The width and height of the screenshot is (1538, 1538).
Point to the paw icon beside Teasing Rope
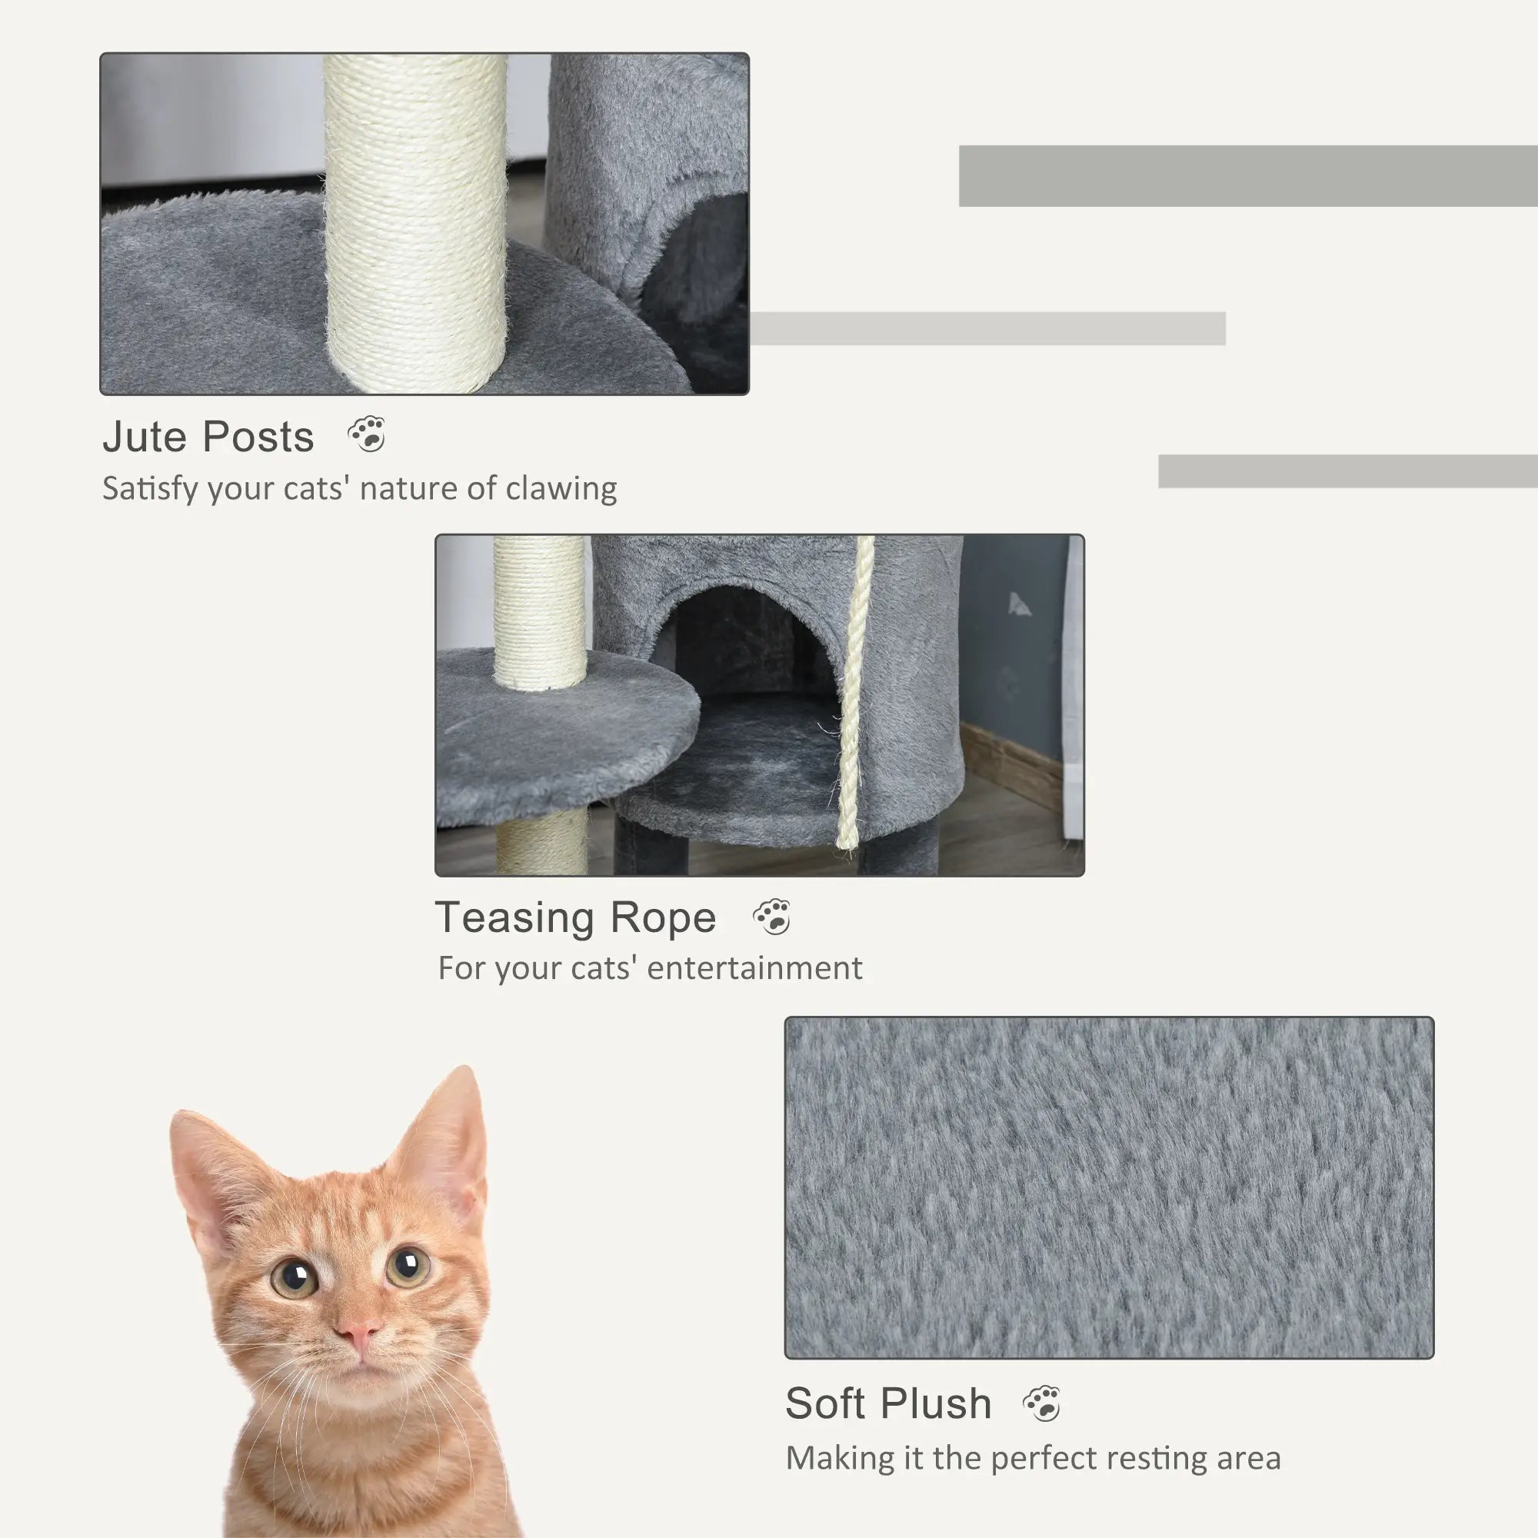(772, 917)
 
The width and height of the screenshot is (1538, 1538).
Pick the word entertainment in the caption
(754, 969)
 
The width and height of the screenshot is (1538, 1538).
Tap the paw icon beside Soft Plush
(1041, 1403)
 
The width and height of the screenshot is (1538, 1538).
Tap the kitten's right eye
(407, 1266)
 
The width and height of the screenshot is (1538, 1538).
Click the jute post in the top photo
(415, 223)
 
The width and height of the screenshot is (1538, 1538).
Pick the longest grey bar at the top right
(1247, 176)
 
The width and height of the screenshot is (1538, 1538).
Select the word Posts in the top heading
(258, 437)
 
